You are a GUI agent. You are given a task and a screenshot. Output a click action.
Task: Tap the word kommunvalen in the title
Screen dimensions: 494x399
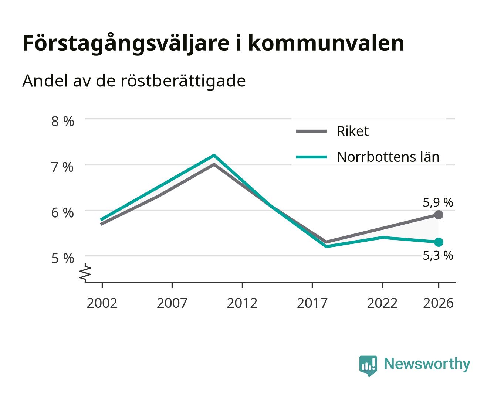[x=326, y=43]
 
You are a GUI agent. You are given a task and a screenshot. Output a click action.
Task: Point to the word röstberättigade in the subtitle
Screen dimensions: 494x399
[x=183, y=81]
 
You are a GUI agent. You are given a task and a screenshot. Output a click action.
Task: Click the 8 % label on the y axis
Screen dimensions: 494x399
[x=62, y=121]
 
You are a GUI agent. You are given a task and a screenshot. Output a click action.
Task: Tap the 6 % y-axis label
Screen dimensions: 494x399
[x=62, y=212]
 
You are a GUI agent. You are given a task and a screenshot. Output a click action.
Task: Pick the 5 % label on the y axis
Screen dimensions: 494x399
[x=62, y=258]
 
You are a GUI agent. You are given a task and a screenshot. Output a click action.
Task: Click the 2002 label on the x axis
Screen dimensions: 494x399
[x=102, y=303]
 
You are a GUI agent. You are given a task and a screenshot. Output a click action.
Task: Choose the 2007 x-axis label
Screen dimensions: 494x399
[x=172, y=303]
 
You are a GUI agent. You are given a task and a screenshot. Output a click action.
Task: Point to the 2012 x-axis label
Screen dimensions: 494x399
[x=242, y=303]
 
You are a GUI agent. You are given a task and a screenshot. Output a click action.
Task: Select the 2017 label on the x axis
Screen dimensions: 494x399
[x=312, y=303]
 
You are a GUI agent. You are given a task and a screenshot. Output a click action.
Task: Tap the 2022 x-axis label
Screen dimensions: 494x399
[x=382, y=303]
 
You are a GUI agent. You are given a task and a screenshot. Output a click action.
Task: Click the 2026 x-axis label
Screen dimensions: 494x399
[x=438, y=303]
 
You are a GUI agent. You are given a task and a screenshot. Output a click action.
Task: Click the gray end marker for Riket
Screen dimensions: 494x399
[x=439, y=215]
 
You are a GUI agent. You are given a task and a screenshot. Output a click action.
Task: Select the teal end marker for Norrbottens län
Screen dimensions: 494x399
[x=439, y=242]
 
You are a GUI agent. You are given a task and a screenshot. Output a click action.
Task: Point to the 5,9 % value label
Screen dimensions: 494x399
[x=438, y=202]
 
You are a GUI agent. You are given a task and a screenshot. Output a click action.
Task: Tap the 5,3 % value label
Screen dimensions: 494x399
[x=438, y=256]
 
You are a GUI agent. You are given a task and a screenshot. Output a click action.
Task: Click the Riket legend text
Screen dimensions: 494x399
[x=352, y=131]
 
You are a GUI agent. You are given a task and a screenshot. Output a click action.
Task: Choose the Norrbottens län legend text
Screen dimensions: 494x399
[x=388, y=157]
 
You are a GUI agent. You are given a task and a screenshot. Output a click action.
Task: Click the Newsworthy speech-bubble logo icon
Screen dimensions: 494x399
[x=368, y=365]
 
